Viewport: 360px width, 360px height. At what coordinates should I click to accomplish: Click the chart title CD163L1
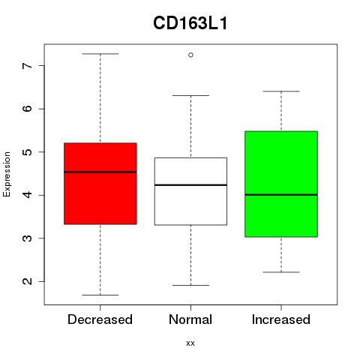coord(190,23)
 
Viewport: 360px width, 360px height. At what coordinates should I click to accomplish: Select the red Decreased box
coord(100,184)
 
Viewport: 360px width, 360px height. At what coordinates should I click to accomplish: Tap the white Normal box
coord(190,191)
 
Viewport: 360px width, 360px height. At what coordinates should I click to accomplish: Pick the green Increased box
coord(281,184)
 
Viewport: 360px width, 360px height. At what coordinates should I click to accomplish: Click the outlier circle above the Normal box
coord(190,55)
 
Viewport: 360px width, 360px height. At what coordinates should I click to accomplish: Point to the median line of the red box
coord(100,172)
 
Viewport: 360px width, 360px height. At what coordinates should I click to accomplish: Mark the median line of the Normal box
coord(190,185)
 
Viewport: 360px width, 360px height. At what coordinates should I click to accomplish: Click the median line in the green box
coord(281,194)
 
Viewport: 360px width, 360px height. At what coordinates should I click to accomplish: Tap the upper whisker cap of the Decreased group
coord(100,54)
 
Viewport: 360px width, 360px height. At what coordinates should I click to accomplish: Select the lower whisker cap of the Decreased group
coord(100,295)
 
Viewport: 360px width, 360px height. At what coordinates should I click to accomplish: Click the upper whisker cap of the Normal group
coord(190,95)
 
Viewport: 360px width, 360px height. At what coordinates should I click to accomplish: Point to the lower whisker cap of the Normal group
coord(190,285)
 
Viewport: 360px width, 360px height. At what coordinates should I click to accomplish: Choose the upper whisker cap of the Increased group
coord(281,91)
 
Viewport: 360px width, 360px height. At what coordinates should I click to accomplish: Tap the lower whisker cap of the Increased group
coord(281,272)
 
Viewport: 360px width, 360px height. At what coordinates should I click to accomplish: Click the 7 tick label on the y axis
coord(28,66)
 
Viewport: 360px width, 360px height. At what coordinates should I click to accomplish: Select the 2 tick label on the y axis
coord(28,281)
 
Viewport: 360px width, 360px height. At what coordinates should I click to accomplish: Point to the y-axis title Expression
coord(7,174)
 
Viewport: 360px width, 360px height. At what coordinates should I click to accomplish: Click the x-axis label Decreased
coord(100,319)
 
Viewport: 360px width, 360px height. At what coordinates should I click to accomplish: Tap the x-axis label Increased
coord(281,319)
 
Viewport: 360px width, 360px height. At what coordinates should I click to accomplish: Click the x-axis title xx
coord(190,343)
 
